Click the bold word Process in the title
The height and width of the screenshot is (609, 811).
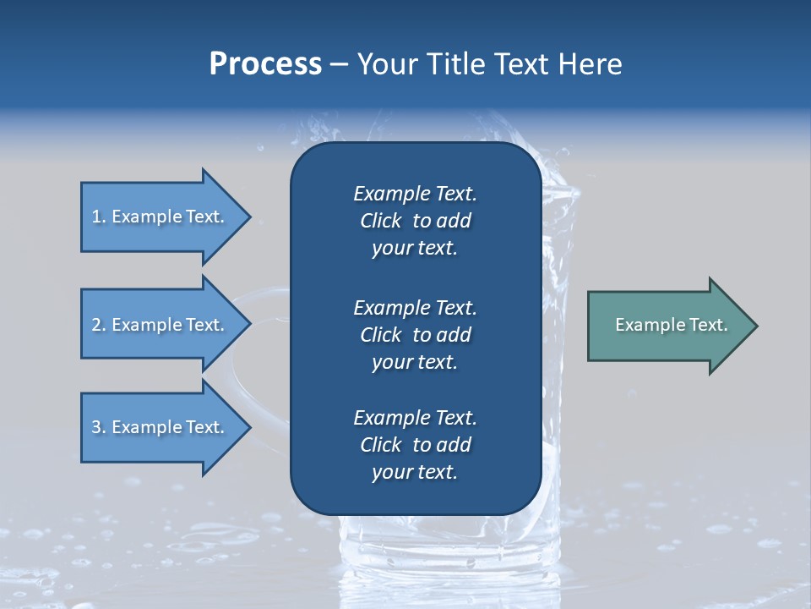pyautogui.click(x=265, y=64)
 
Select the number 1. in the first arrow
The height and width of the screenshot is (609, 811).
pyautogui.click(x=98, y=217)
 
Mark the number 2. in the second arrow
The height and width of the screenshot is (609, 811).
pyautogui.click(x=98, y=325)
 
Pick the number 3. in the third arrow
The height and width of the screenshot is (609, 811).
pyautogui.click(x=98, y=427)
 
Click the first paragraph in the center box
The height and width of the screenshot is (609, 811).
pyautogui.click(x=415, y=221)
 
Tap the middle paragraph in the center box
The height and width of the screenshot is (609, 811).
pyautogui.click(x=415, y=335)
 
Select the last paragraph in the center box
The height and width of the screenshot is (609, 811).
pyautogui.click(x=415, y=445)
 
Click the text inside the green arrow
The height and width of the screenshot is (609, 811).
pyautogui.click(x=672, y=325)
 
